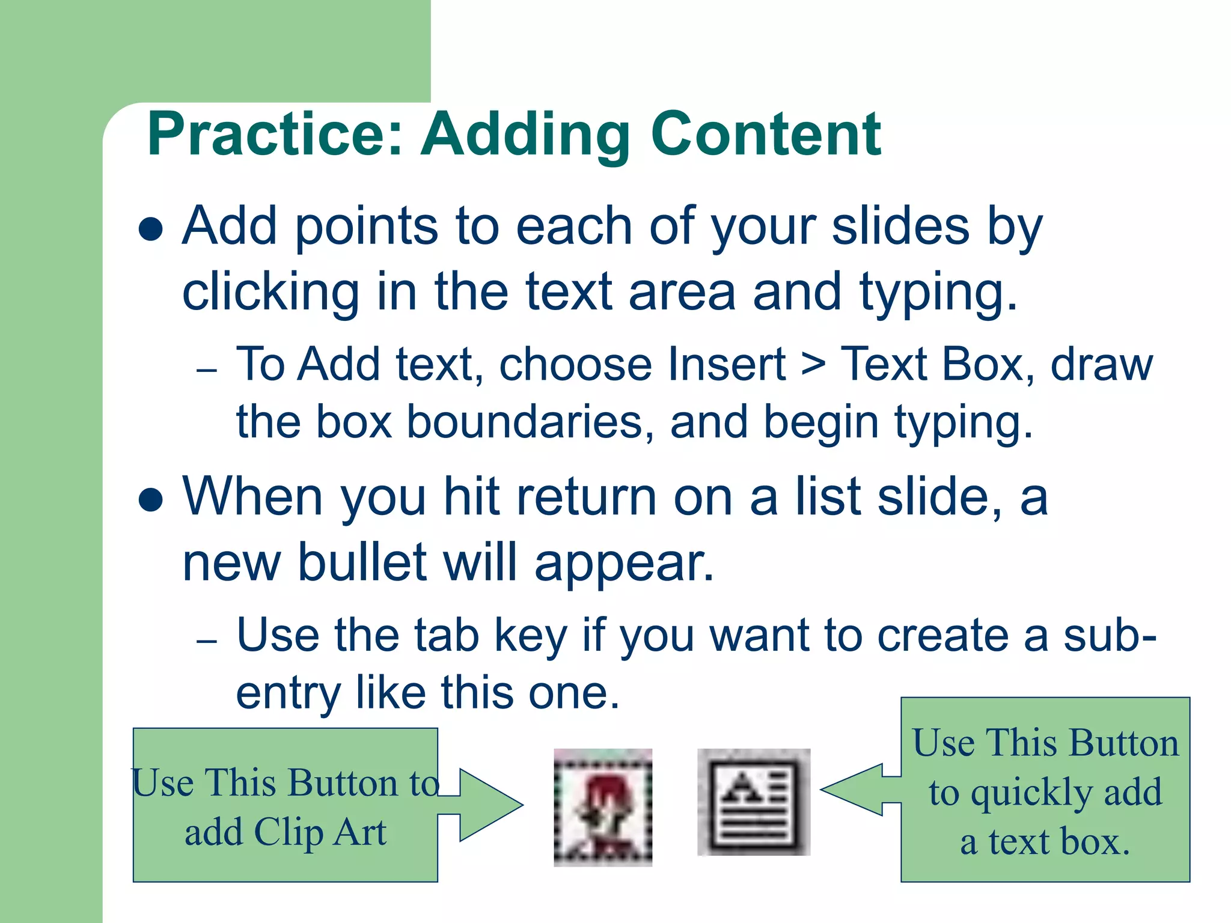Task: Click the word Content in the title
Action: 766,135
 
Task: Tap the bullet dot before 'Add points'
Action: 150,229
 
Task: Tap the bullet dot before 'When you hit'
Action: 150,499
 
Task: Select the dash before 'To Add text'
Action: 206,370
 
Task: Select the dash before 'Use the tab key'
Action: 206,641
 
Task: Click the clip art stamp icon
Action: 603,807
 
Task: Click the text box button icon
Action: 754,802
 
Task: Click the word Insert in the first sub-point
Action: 727,364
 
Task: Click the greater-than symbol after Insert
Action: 813,364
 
